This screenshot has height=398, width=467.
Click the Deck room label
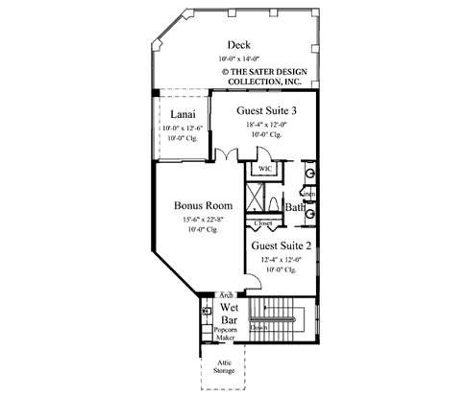tap(239, 45)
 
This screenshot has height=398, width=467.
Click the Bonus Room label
tap(201, 204)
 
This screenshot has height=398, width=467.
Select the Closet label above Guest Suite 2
tap(262, 223)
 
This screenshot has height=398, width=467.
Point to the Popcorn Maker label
tap(226, 336)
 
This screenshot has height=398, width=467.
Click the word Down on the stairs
tap(258, 327)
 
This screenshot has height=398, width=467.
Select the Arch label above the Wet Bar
tap(227, 294)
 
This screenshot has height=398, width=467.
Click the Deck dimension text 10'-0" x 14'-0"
tap(239, 59)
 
